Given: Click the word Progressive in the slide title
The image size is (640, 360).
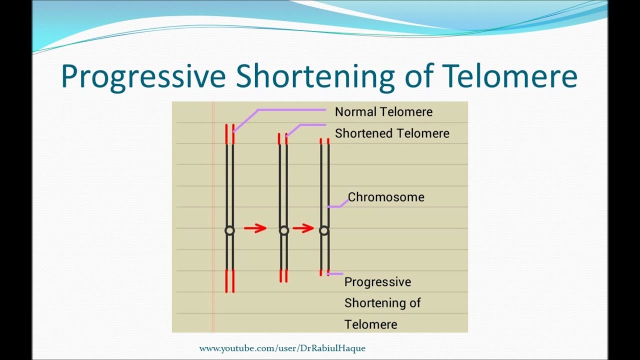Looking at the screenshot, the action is (143, 77).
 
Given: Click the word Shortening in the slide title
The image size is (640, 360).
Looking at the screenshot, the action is (315, 76).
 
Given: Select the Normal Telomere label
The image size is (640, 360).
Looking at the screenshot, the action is (383, 111).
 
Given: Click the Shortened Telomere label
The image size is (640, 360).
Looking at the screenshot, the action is (392, 133).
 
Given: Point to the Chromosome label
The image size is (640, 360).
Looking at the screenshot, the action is (386, 197).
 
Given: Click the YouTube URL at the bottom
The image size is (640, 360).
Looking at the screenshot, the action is (282, 348).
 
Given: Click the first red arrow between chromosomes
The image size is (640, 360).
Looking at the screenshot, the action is (255, 228).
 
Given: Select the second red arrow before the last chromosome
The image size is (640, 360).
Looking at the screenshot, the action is (303, 228).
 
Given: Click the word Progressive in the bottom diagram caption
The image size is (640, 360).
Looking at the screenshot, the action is (377, 282).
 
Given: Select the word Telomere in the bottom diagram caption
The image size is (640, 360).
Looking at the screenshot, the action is (371, 324).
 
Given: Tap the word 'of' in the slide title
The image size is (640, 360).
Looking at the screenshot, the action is (417, 75).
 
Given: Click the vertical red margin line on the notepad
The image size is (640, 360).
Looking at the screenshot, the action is (213, 217).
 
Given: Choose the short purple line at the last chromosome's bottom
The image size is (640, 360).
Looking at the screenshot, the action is (335, 274).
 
